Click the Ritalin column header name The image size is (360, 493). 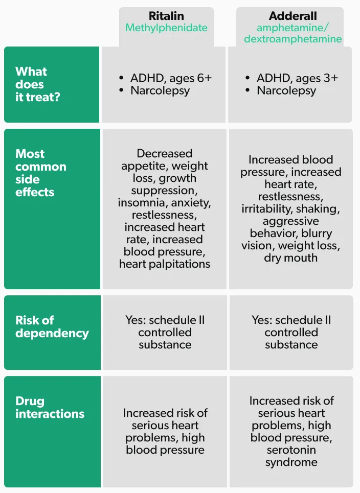coord(166,16)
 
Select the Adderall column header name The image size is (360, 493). coord(293,16)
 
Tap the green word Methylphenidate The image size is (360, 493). coord(166,28)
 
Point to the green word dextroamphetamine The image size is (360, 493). coord(293,39)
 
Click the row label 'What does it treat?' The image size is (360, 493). coord(37,84)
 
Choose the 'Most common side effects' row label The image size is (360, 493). coord(41,173)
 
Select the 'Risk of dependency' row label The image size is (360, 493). coord(52,326)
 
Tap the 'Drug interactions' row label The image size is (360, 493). coord(50,407)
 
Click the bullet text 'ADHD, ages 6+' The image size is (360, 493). coord(171,78)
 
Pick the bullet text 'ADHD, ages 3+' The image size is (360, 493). coord(297,78)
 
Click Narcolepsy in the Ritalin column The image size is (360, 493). coord(160,91)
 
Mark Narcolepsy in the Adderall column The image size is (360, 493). coord(286,91)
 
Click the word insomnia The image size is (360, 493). coord(141,203)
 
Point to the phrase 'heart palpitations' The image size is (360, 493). coord(165,264)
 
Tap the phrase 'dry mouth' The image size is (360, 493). coord(291,258)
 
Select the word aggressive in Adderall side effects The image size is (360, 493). coord(291,221)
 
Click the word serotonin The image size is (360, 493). coord(291,450)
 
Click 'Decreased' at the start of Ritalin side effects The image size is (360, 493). coord(165,154)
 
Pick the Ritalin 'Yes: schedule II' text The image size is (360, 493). coord(165,320)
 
